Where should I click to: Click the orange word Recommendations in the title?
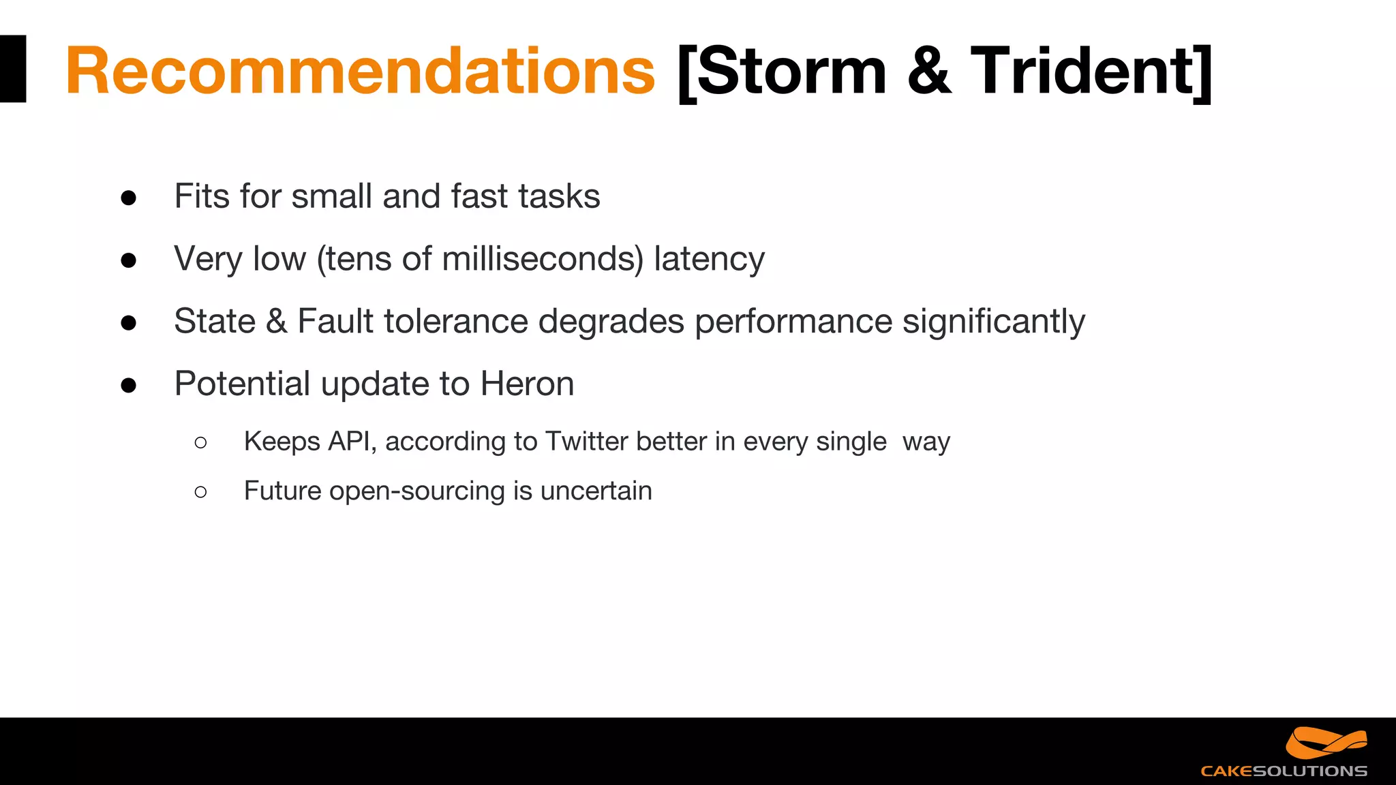click(360, 71)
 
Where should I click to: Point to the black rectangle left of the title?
click(12, 69)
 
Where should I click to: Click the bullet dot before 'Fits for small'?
click(128, 198)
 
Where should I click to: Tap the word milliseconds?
click(542, 259)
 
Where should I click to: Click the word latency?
click(709, 259)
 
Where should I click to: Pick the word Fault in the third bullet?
click(335, 321)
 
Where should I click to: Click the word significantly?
click(993, 322)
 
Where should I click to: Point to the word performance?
click(793, 322)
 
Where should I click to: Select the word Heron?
click(527, 384)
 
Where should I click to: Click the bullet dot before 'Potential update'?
click(128, 386)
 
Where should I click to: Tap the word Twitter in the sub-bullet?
click(586, 442)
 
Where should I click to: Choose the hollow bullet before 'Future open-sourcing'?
click(200, 492)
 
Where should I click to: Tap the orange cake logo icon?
click(1326, 743)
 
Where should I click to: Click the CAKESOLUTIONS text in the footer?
click(1284, 771)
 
